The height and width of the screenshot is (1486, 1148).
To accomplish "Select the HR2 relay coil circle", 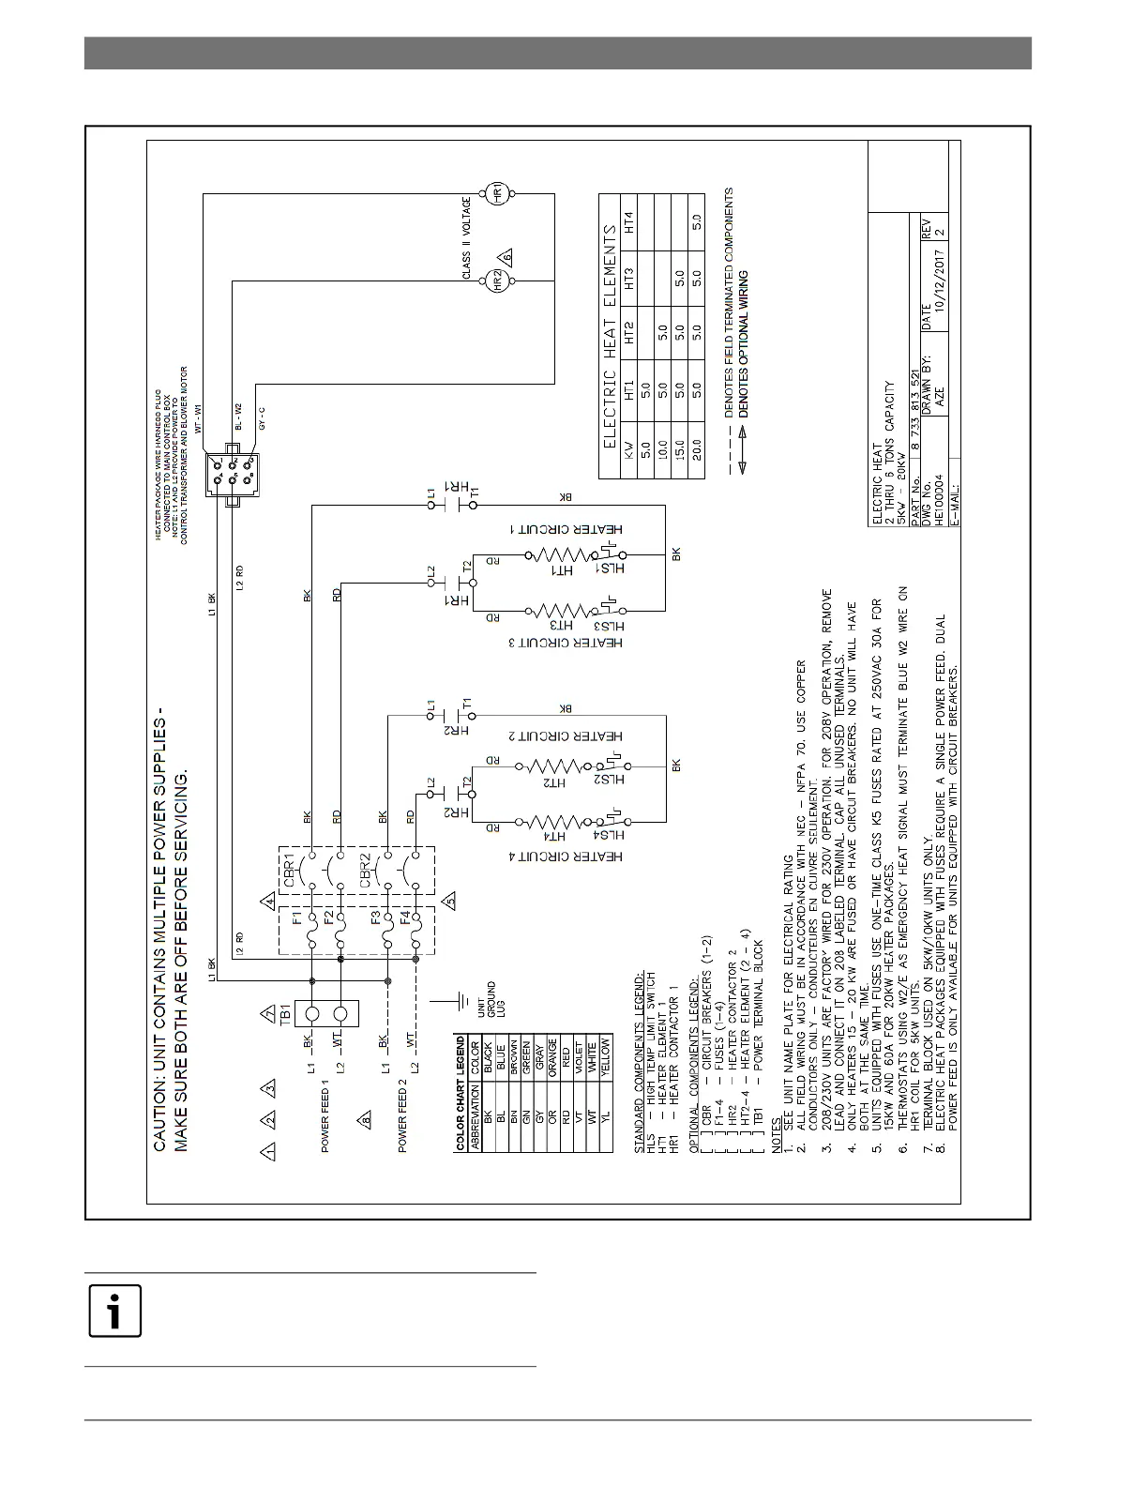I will click(x=498, y=280).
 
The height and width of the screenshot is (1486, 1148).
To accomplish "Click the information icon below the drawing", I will click(x=114, y=1311).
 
